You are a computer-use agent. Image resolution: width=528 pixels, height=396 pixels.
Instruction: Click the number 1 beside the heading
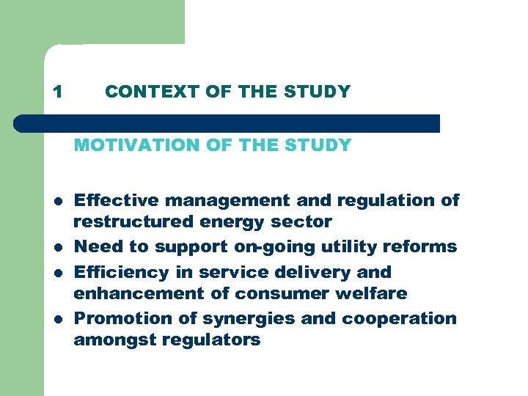click(58, 92)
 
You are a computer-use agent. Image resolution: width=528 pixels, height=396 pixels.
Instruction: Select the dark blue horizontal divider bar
click(227, 123)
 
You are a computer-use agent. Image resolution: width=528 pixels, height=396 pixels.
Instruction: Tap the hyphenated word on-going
click(268, 246)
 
